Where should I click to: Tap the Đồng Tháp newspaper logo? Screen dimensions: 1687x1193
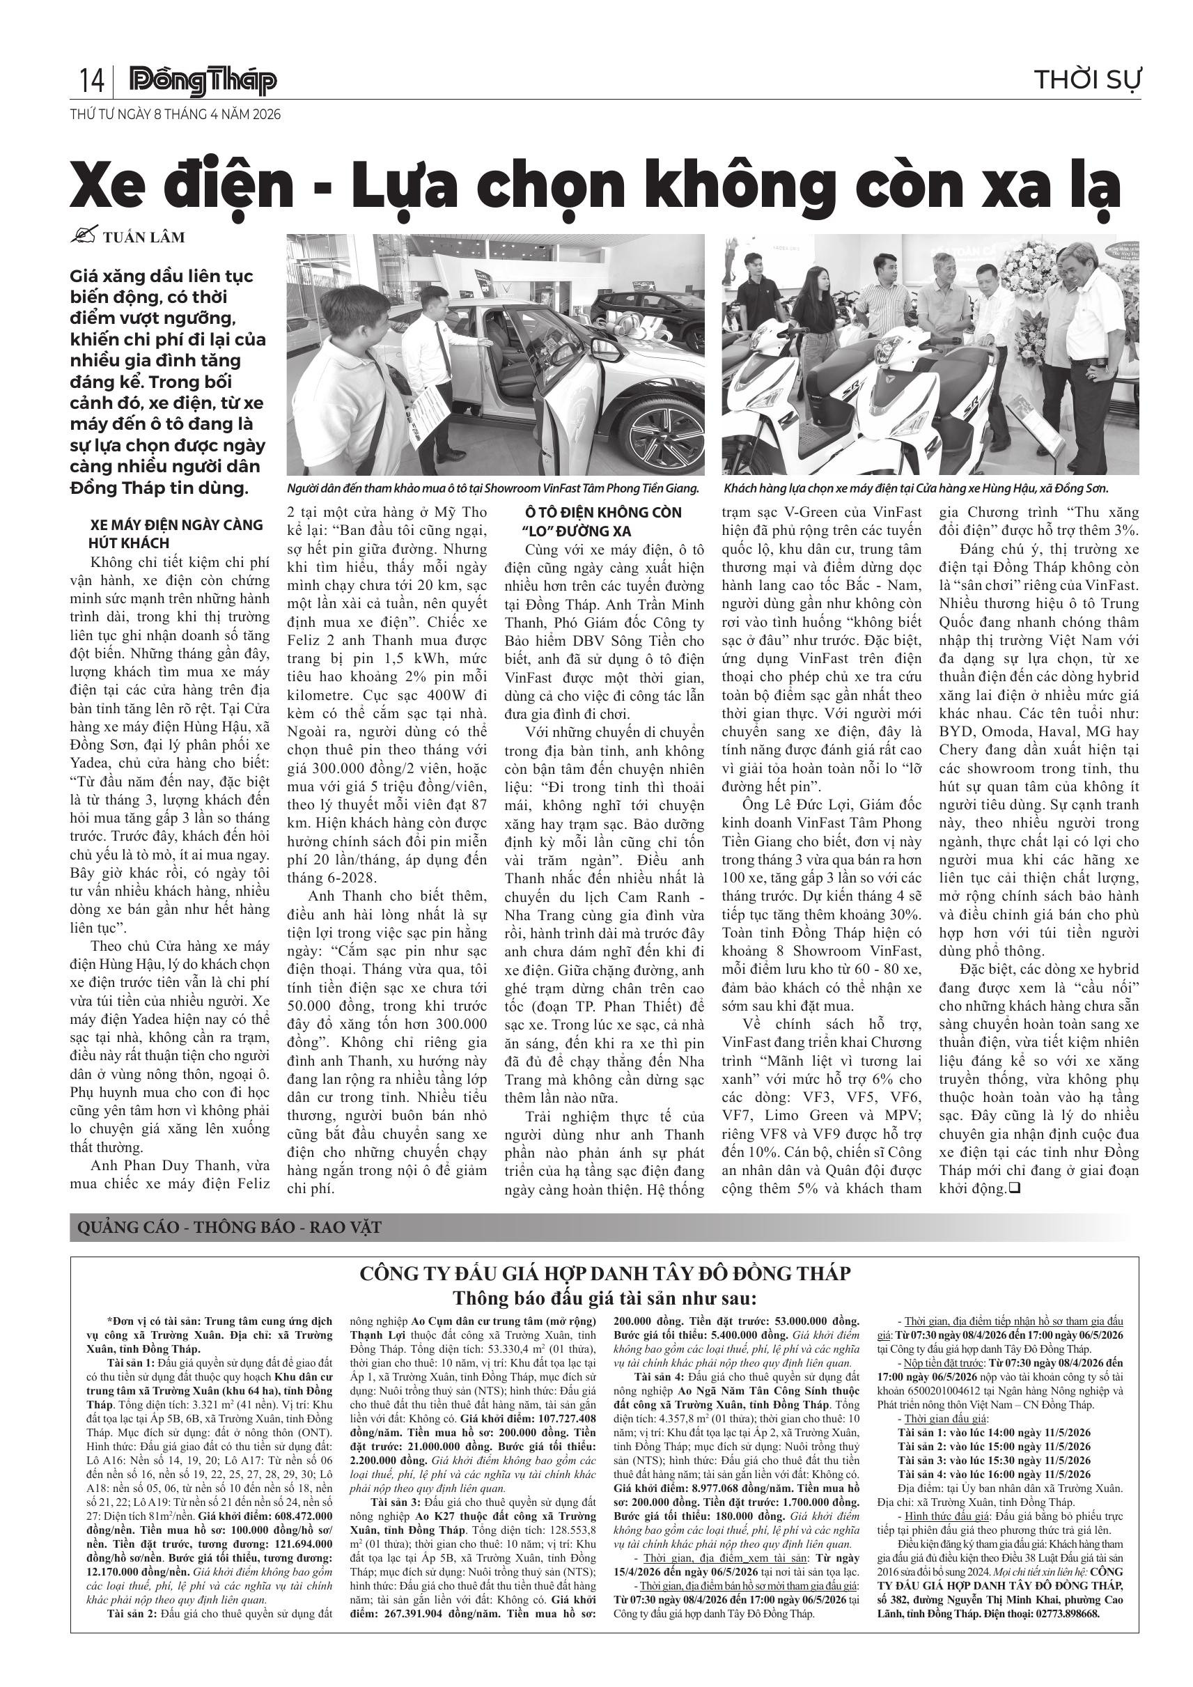click(203, 81)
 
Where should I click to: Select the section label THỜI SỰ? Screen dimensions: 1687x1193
click(1086, 80)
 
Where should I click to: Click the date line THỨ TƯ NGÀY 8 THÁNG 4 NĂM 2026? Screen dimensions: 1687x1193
click(175, 115)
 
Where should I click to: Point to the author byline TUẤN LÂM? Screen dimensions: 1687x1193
click(143, 238)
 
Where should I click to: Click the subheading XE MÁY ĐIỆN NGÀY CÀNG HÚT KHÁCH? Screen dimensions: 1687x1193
click(176, 534)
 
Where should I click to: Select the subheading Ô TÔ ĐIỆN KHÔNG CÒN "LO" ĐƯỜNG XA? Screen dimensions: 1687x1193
click(603, 521)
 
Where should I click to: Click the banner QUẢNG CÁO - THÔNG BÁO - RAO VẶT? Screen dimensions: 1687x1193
click(229, 1227)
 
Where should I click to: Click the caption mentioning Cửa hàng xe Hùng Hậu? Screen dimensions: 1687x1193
click(915, 488)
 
